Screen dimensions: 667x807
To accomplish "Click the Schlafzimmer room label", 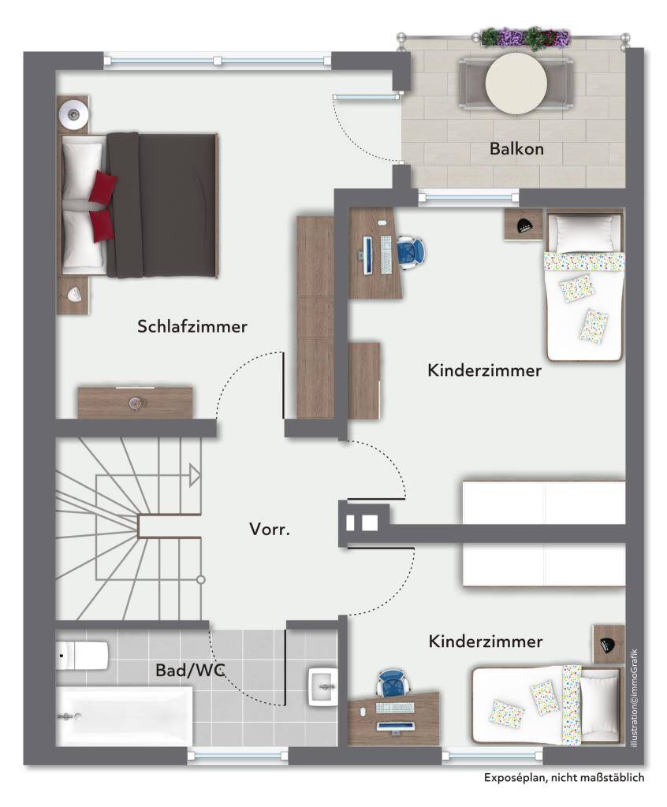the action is (192, 326).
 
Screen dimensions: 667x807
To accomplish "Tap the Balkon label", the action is (516, 149).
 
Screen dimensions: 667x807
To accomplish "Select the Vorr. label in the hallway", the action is (270, 529).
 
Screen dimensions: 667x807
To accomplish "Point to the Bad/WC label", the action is (191, 670).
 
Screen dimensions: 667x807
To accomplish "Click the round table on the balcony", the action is (516, 83).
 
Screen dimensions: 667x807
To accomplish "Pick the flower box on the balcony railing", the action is (525, 38).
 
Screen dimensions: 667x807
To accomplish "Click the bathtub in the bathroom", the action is (124, 716).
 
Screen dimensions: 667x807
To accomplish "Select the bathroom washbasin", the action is (323, 686).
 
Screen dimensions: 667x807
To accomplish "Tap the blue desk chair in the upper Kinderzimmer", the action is (411, 252).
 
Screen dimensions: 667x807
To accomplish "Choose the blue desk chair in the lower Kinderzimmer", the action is (393, 684).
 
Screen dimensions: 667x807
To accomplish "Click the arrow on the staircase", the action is (194, 475).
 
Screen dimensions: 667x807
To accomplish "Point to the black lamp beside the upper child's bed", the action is (524, 225).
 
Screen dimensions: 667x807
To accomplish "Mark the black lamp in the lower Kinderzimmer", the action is (609, 643).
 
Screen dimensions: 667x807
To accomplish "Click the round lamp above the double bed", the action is (73, 113).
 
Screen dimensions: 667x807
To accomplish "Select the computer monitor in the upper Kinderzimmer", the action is (367, 255).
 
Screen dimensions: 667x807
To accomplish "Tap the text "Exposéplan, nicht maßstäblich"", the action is (564, 778).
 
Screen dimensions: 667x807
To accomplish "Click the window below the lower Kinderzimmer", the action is (493, 756).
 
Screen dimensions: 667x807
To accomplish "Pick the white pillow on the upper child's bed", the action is (583, 233).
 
